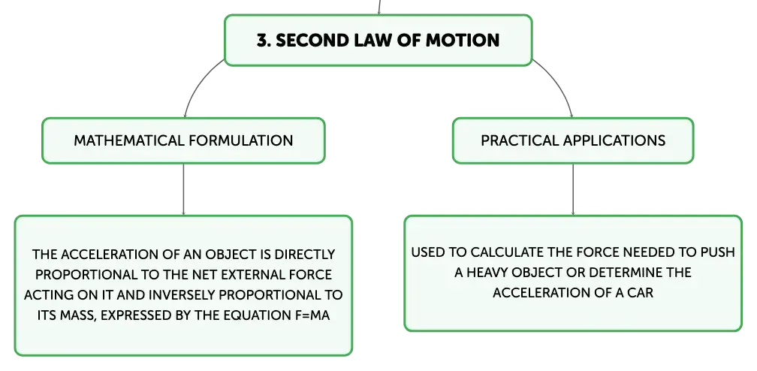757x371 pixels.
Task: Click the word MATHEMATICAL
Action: (x=129, y=140)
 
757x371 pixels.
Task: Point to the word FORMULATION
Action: (x=241, y=140)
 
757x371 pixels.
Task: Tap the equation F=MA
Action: (x=312, y=315)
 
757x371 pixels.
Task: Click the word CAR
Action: (x=641, y=293)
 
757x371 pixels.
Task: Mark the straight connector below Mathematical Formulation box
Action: (x=183, y=189)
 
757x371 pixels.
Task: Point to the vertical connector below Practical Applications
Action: (x=573, y=189)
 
